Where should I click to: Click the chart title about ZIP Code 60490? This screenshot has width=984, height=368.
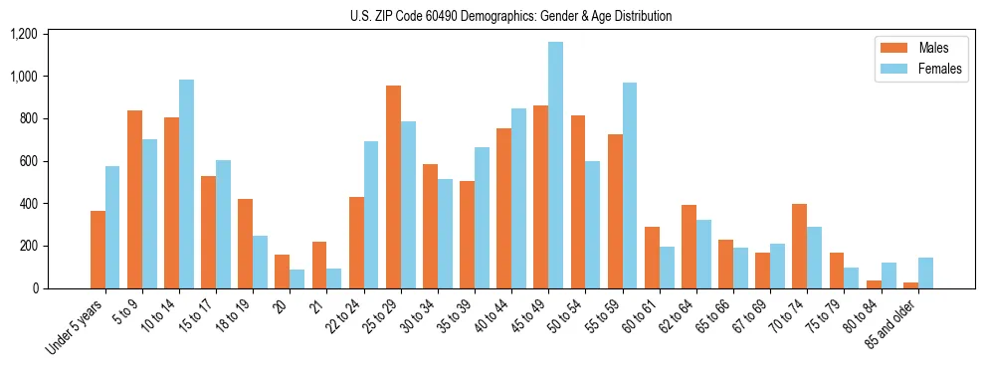510,16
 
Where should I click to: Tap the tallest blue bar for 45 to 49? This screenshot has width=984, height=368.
555,165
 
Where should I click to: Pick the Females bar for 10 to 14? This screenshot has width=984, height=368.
186,184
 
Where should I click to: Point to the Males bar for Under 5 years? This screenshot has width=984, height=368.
98,250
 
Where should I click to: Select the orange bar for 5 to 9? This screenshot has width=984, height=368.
134,199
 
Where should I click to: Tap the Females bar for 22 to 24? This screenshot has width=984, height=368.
371,215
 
